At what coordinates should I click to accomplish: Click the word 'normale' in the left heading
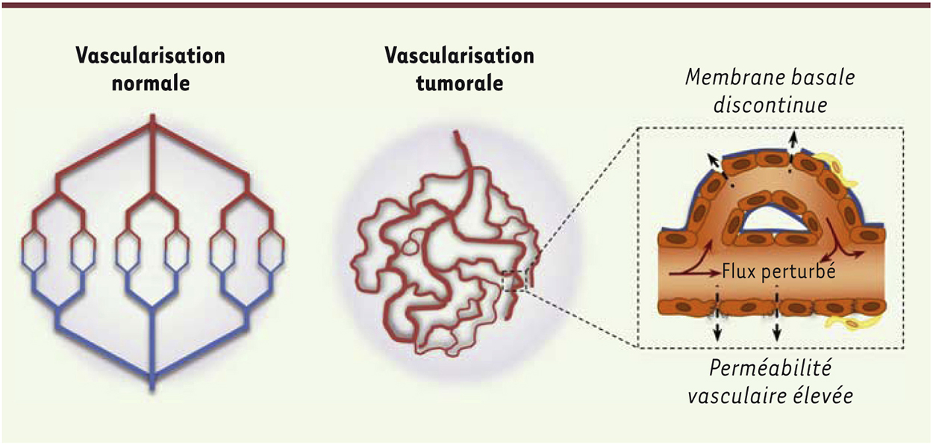151,84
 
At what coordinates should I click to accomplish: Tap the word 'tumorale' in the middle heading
460,84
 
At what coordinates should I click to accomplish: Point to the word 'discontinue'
770,105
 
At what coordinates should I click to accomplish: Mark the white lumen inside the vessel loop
773,220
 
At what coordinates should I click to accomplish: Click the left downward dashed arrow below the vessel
717,319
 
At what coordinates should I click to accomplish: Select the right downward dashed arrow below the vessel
777,319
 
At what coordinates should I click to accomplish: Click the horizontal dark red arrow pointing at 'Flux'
695,274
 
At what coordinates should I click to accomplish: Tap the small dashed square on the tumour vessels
515,281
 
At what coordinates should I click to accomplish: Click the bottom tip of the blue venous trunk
152,390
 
